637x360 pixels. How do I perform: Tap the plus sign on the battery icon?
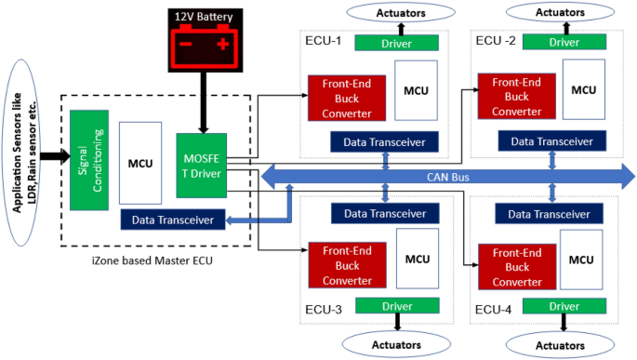click(222, 45)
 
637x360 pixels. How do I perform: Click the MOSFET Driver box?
click(201, 165)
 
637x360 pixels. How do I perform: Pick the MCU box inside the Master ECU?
click(139, 164)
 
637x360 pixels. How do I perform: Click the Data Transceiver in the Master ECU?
click(172, 220)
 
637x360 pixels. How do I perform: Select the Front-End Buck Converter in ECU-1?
click(346, 98)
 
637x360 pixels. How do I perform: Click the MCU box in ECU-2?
click(583, 89)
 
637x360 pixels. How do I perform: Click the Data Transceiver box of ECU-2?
click(550, 140)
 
